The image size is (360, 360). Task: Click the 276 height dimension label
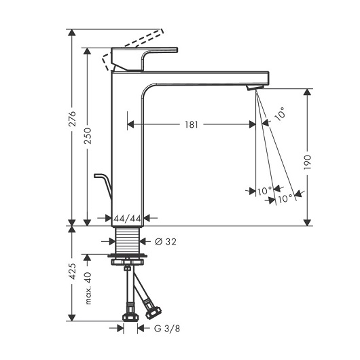73,118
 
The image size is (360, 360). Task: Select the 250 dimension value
88,136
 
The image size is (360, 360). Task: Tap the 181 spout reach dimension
192,125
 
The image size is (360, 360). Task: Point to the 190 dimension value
308,162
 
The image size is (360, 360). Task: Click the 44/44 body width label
127,218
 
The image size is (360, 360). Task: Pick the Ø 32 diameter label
166,242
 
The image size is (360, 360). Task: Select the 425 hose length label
73,272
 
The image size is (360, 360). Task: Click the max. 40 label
88,289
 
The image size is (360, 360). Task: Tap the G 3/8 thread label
167,329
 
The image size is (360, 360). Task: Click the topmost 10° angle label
281,113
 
